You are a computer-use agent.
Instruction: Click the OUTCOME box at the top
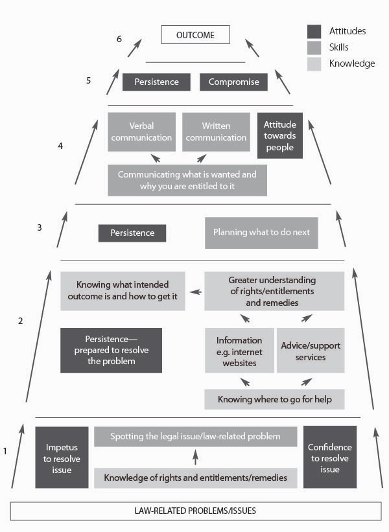(195, 35)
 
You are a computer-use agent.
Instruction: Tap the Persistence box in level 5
(156, 82)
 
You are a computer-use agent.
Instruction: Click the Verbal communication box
(141, 132)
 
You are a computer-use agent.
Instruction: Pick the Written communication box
(216, 132)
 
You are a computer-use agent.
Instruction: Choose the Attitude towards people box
(280, 135)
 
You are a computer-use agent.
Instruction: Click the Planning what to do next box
(261, 233)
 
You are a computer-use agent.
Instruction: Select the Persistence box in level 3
(132, 233)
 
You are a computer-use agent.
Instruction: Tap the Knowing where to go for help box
(274, 399)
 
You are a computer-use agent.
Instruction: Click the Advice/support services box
(311, 350)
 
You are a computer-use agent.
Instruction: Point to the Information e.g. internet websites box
(239, 350)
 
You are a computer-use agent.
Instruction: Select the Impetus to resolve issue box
(62, 457)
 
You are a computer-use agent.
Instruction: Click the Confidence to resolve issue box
(330, 457)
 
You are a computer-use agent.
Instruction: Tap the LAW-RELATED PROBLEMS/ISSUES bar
(195, 511)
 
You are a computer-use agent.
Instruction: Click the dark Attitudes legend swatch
(314, 31)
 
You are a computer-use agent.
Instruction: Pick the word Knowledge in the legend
(352, 64)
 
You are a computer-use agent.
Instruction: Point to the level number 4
(60, 146)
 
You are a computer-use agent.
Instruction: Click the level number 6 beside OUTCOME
(119, 39)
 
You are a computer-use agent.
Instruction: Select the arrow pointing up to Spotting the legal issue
(195, 457)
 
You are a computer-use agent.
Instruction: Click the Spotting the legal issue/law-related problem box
(195, 437)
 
